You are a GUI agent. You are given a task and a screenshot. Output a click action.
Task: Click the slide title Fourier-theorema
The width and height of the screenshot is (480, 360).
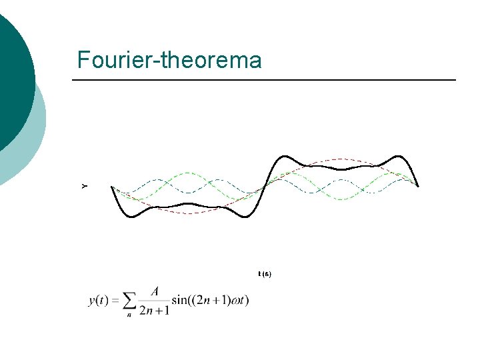coord(169,60)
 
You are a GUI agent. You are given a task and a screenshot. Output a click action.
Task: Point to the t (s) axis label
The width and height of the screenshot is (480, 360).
coord(265,274)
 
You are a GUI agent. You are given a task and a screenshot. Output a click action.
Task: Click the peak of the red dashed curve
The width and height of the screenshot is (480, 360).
coord(342,159)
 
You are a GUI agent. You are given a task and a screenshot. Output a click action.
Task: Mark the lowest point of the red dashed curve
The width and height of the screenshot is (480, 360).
coord(189,213)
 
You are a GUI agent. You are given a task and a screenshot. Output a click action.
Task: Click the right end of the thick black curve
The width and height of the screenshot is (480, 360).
coord(418,186)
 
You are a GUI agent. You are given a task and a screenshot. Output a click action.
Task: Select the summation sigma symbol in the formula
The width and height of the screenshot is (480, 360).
coord(131,300)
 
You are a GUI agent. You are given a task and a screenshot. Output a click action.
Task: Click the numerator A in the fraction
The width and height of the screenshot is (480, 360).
coord(155,291)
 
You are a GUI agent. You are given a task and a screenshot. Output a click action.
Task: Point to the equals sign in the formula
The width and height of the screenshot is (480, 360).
coord(115,301)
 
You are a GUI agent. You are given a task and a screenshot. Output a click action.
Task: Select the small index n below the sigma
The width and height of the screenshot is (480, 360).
coord(129,315)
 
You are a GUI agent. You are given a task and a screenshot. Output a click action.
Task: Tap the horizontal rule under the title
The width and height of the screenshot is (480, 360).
coord(264,80)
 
